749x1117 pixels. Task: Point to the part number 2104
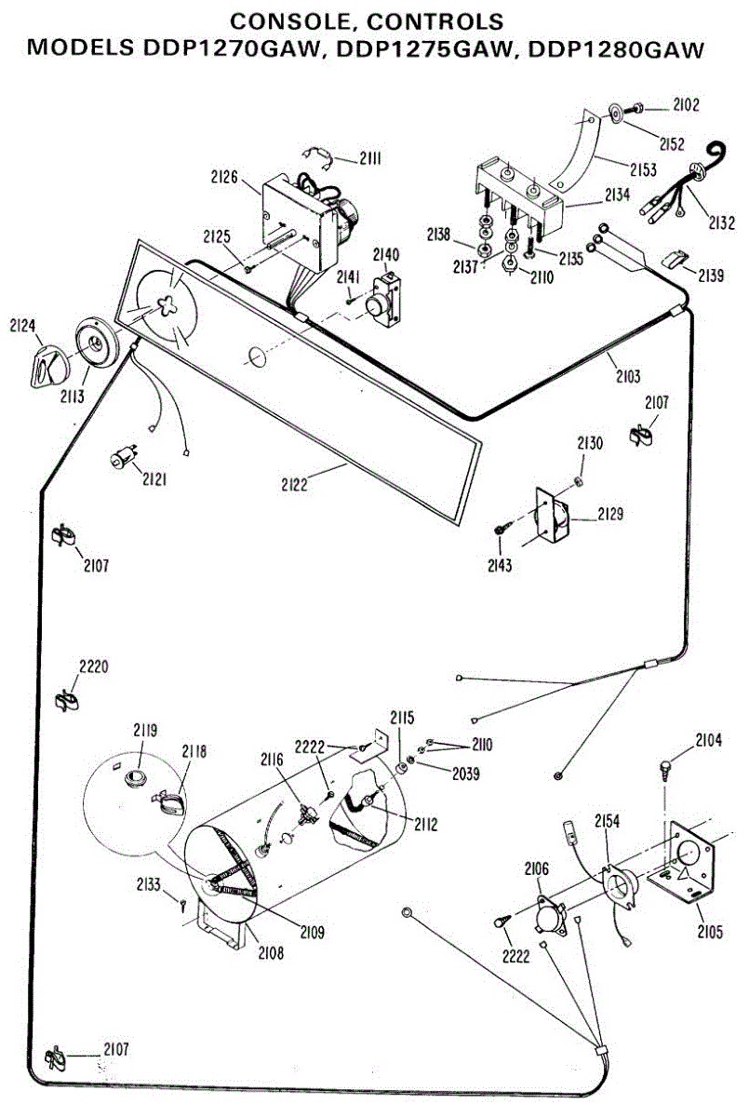coord(708,741)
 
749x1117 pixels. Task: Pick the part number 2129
coord(611,514)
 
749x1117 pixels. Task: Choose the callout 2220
coord(93,666)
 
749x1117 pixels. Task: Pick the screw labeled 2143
coord(500,529)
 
